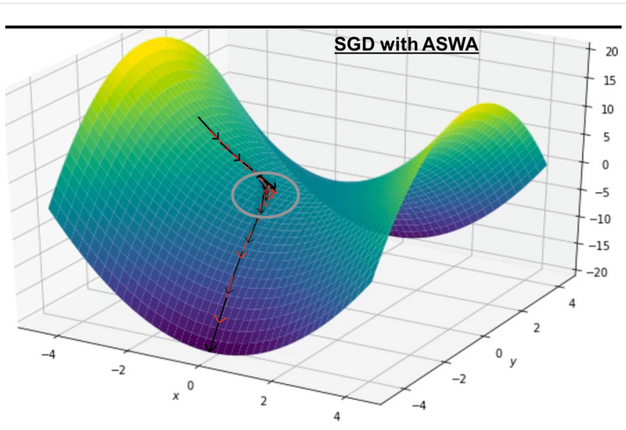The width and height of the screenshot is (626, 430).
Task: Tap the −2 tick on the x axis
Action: [x=118, y=370]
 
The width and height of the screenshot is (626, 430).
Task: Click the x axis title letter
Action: [x=176, y=397]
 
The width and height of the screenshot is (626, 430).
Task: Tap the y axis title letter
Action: [x=512, y=362]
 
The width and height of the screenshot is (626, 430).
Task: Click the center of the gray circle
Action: [x=265, y=193]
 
